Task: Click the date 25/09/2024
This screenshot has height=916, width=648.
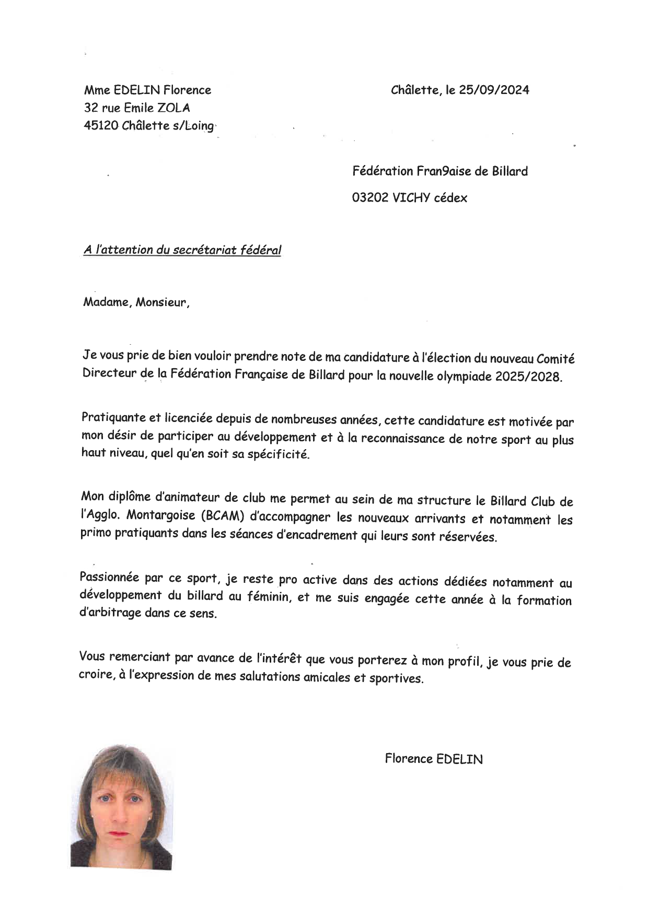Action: coord(494,90)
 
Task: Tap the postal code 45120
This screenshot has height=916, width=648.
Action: coord(101,126)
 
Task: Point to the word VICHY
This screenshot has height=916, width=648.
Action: coord(411,198)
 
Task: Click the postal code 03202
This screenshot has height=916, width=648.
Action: coord(370,198)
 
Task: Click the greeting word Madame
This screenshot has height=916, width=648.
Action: coord(106,302)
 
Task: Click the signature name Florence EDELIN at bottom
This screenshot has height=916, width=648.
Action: coord(434,759)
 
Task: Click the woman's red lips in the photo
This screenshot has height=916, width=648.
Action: coord(119,833)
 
